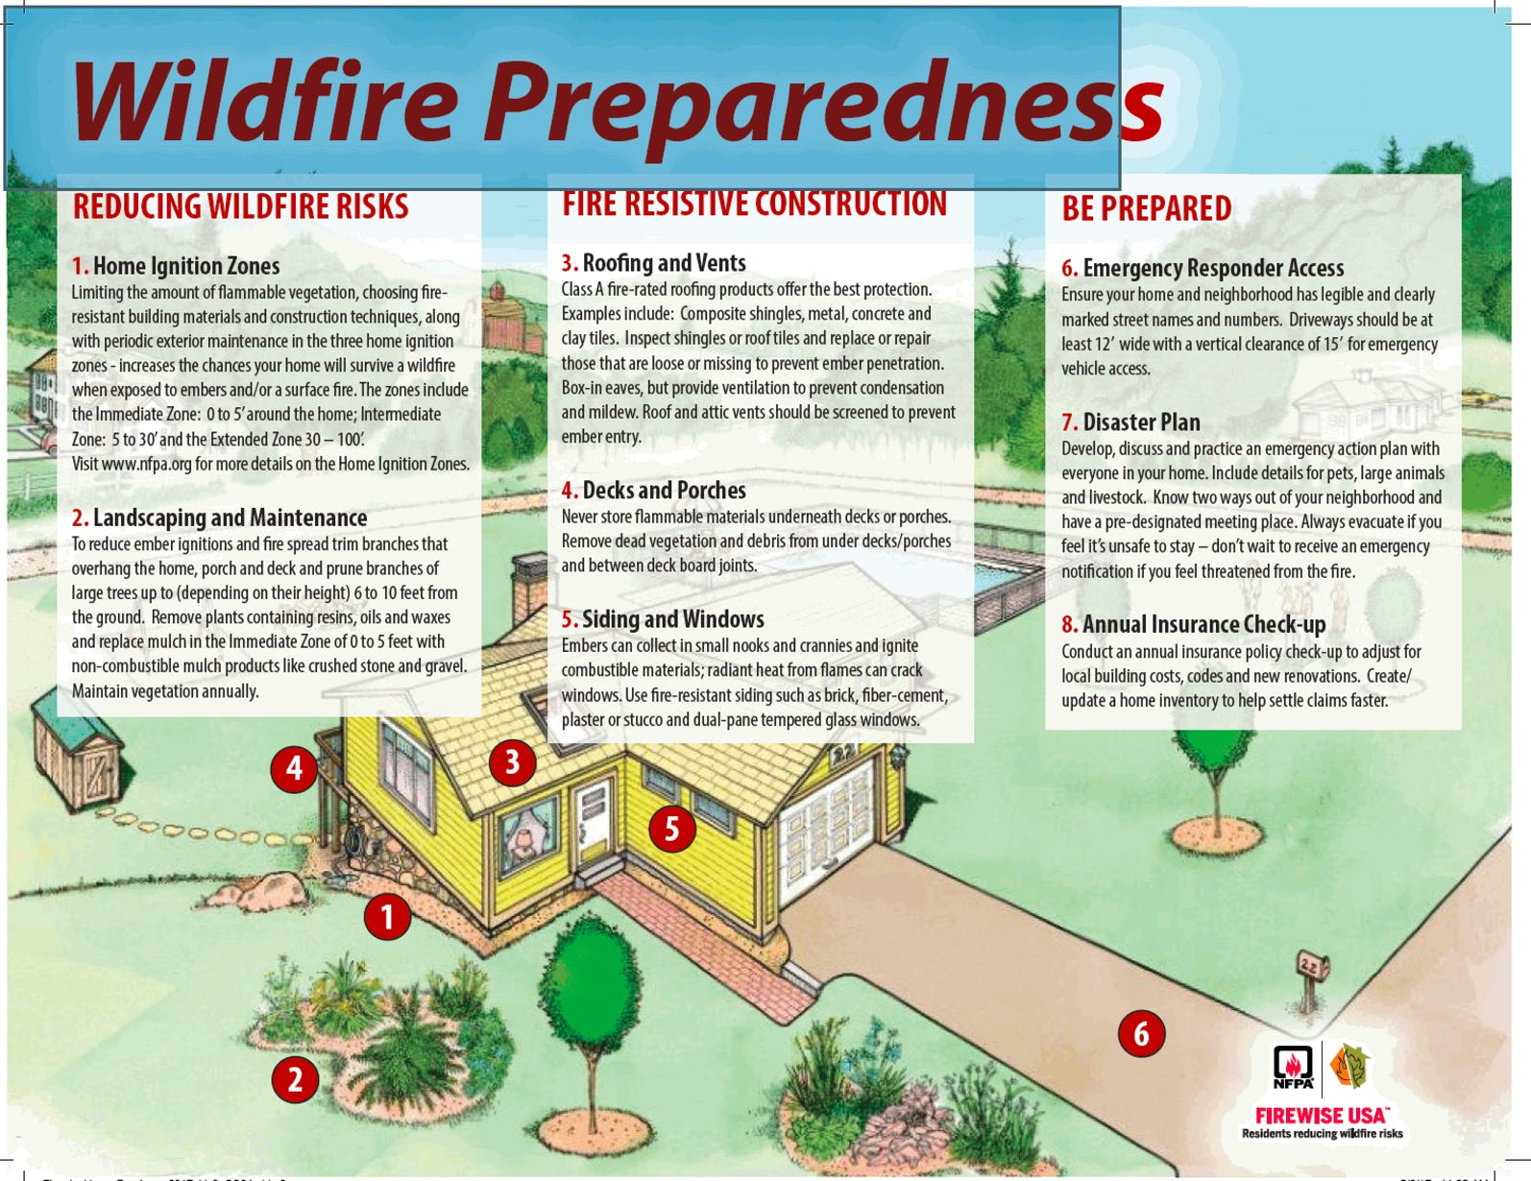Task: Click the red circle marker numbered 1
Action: [x=387, y=916]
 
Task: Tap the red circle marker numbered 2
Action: [x=295, y=1079]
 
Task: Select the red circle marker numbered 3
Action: [x=512, y=762]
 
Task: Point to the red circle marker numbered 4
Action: [x=294, y=769]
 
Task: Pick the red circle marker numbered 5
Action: [x=672, y=829]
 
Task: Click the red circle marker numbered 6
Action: [x=1141, y=1033]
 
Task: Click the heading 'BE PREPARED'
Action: [x=1146, y=208]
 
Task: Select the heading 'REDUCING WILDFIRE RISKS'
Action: [x=240, y=206]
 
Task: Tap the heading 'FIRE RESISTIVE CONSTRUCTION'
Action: [x=754, y=204]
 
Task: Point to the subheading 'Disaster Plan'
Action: [x=1141, y=422]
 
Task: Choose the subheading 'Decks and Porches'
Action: [x=664, y=490]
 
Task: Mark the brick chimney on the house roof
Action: [x=530, y=588]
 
